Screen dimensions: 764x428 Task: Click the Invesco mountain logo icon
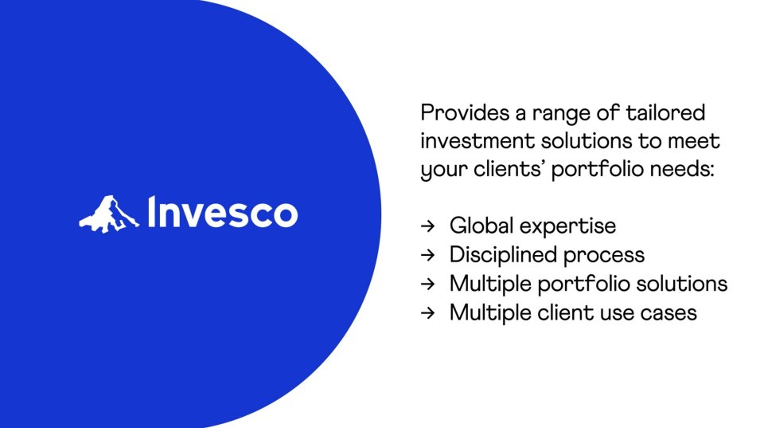point(109,214)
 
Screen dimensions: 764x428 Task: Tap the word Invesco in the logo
point(222,212)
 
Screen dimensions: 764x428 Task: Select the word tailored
point(665,112)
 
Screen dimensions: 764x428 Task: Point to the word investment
point(477,141)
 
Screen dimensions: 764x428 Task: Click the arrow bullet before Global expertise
point(427,226)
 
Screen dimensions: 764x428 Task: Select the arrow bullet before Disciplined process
point(427,255)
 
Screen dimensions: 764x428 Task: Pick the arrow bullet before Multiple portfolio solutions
point(427,284)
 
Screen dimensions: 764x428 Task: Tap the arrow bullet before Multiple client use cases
point(427,312)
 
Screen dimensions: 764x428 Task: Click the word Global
point(481,226)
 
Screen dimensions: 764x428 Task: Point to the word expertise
point(568,227)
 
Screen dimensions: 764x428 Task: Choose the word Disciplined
point(502,255)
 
